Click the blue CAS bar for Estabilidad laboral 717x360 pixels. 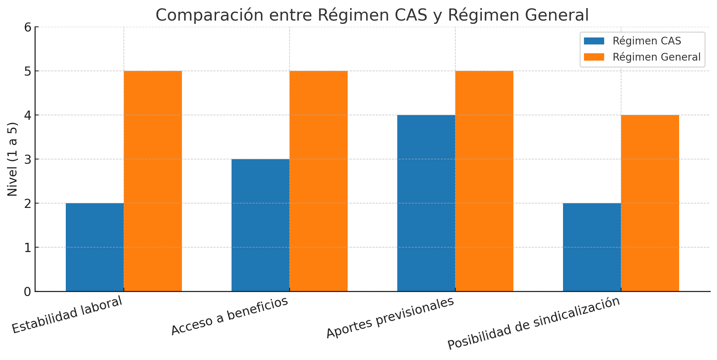95,247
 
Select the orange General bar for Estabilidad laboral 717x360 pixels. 153,181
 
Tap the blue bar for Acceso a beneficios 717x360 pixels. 261,225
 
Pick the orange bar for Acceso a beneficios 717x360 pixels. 319,181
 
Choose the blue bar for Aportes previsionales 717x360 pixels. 426,203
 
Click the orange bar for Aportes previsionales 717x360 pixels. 484,181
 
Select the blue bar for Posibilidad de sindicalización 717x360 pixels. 592,247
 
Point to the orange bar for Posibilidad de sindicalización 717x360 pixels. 650,203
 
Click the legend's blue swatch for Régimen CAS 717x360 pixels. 594,41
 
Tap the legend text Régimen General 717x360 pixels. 656,57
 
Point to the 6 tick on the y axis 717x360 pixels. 28,27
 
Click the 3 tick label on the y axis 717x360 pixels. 28,159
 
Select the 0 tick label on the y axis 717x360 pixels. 28,292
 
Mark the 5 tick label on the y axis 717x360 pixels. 28,71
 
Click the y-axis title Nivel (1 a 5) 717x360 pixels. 12,159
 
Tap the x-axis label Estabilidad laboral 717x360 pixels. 67,315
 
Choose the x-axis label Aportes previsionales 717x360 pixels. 390,318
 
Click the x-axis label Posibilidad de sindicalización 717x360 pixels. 534,323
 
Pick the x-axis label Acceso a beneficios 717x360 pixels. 230,317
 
